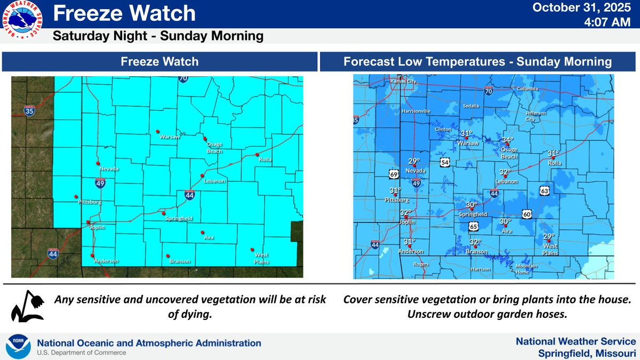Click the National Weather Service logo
(x=23, y=21)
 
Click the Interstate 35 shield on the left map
(x=29, y=111)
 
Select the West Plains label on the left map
(x=261, y=259)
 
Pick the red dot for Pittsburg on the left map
(x=76, y=196)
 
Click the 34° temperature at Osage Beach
(x=507, y=140)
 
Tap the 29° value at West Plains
(x=549, y=236)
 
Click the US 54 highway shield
(x=445, y=161)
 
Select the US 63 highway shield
(x=543, y=190)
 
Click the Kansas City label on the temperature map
(x=402, y=82)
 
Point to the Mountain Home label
(x=526, y=268)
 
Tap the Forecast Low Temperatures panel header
(x=477, y=62)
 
